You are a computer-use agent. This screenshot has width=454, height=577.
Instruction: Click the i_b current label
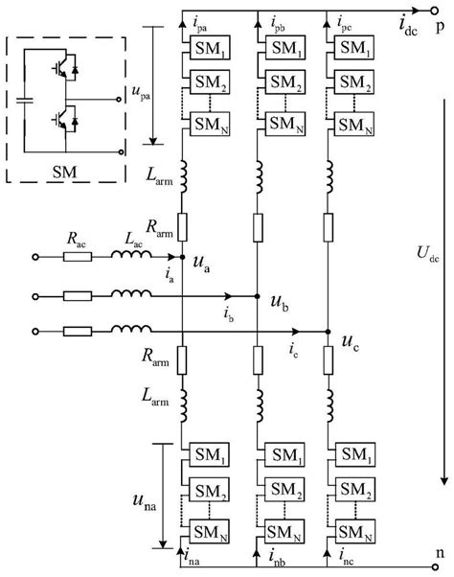(x=229, y=312)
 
